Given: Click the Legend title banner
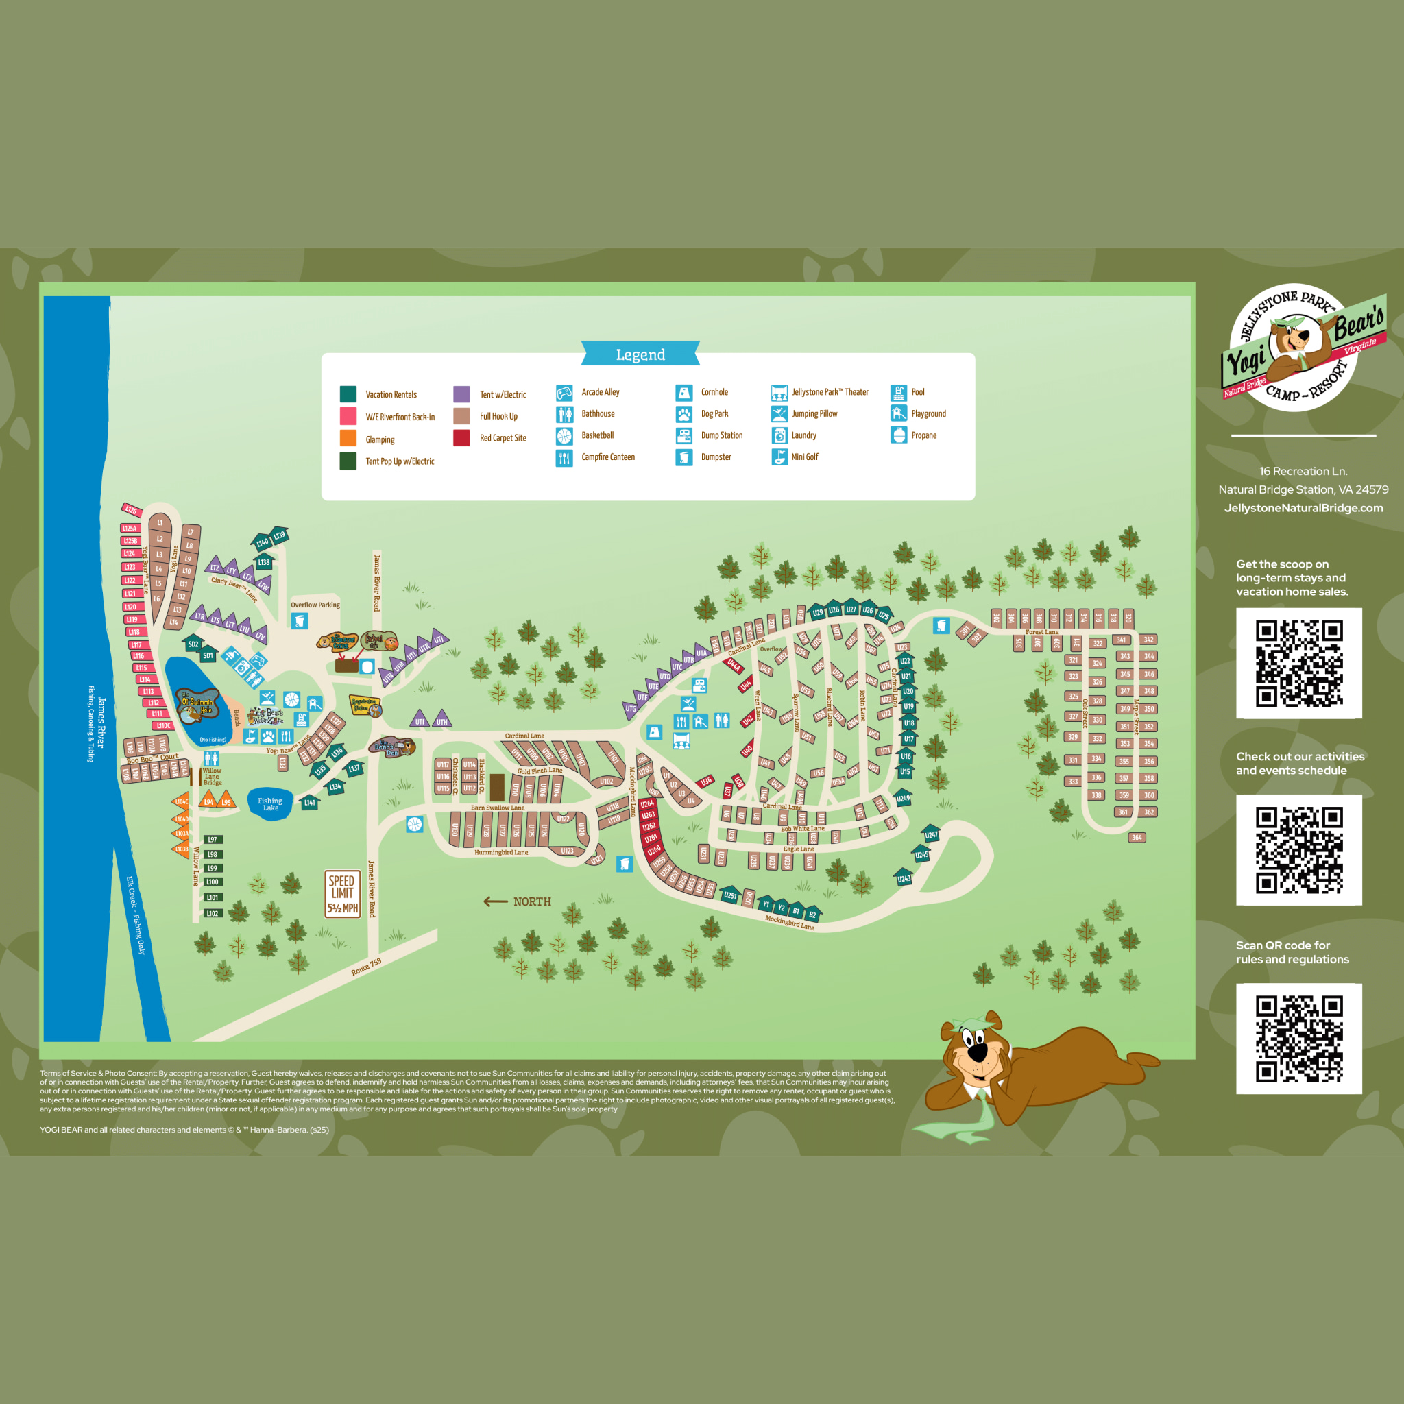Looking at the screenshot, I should click(640, 354).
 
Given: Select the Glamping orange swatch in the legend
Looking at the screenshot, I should click(348, 438).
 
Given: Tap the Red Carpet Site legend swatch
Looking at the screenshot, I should click(461, 437).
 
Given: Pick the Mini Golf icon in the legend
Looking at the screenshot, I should click(779, 457).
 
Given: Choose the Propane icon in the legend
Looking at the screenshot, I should click(899, 435).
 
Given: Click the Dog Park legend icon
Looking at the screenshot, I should click(683, 414).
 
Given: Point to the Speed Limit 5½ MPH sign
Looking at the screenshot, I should click(342, 894).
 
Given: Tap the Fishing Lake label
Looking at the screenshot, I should click(270, 803).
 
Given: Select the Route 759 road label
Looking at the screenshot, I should click(366, 967).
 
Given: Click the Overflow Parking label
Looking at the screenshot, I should click(315, 605).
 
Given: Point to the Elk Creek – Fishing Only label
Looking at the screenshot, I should click(136, 916).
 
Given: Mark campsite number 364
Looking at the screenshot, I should click(1137, 838).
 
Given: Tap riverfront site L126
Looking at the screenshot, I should click(131, 510).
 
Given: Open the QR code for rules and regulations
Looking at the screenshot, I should click(1299, 1038).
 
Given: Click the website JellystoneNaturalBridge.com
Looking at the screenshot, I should click(1304, 508).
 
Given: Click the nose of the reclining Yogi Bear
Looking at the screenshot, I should click(978, 1052).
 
